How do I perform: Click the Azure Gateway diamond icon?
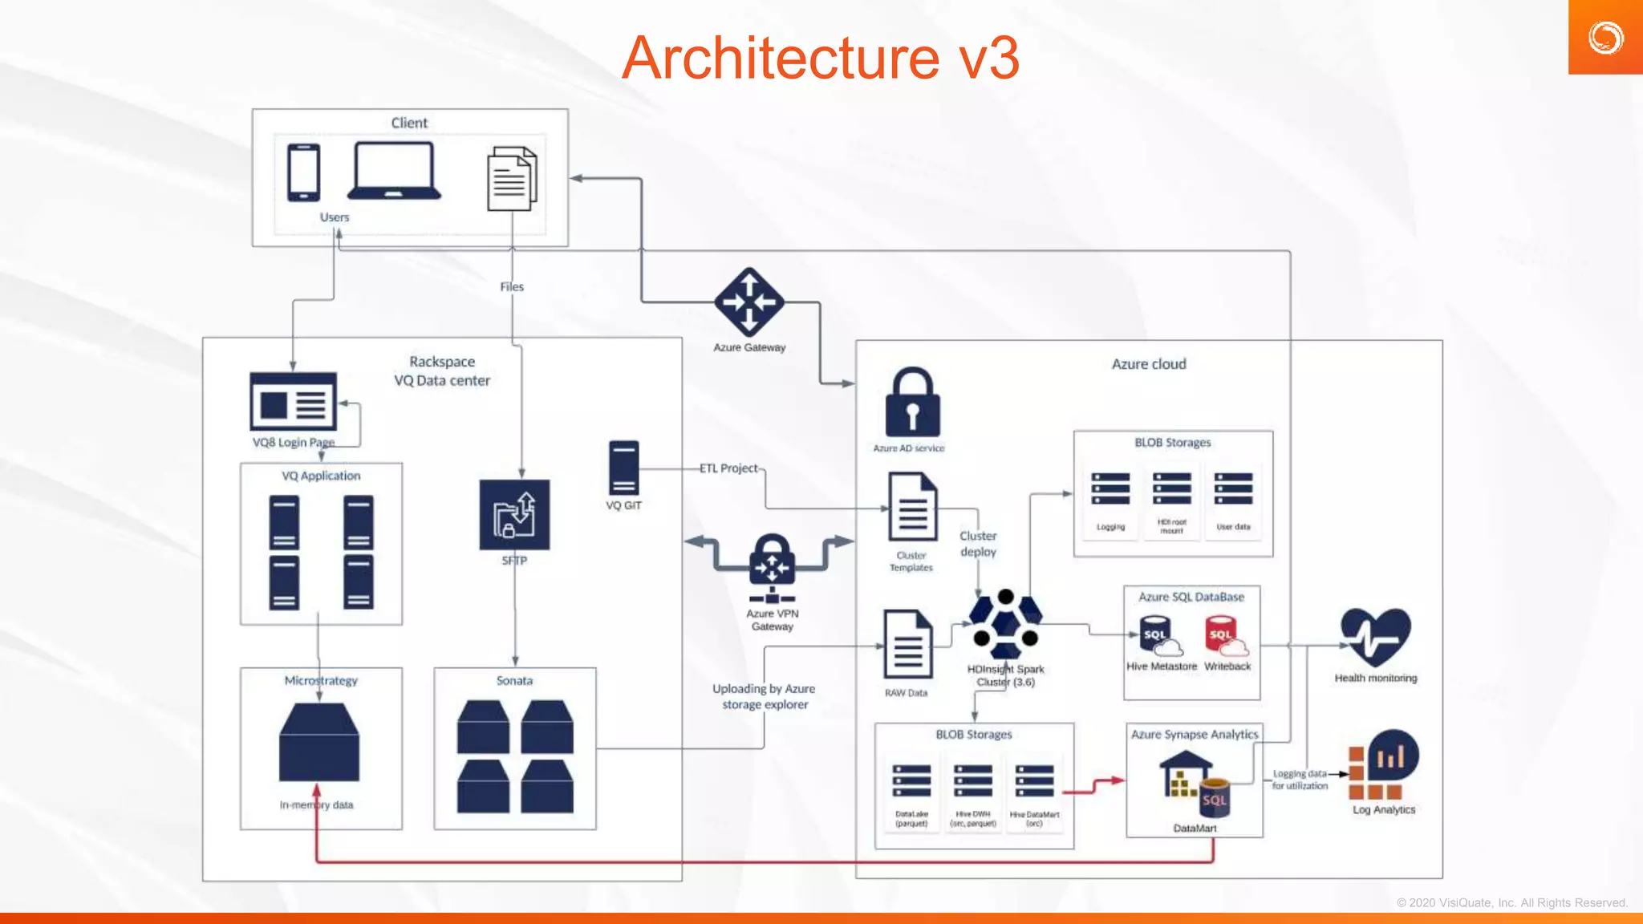[x=749, y=302]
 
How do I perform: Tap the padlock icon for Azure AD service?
[x=912, y=403]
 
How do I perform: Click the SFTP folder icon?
[x=514, y=514]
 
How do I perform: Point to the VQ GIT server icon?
[x=623, y=468]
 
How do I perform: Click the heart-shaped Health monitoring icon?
[x=1375, y=637]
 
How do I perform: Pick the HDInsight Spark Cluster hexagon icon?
[x=1005, y=623]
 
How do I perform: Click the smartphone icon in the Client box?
[x=303, y=172]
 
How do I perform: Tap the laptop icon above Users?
[x=394, y=171]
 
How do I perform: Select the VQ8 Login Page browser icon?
[x=293, y=401]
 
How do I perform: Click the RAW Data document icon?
[x=907, y=645]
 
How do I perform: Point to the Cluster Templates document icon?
[x=912, y=507]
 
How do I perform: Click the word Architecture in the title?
[x=780, y=58]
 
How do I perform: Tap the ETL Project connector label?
[x=728, y=468]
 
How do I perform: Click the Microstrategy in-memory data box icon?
[x=319, y=743]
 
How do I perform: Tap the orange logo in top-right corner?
[x=1605, y=37]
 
